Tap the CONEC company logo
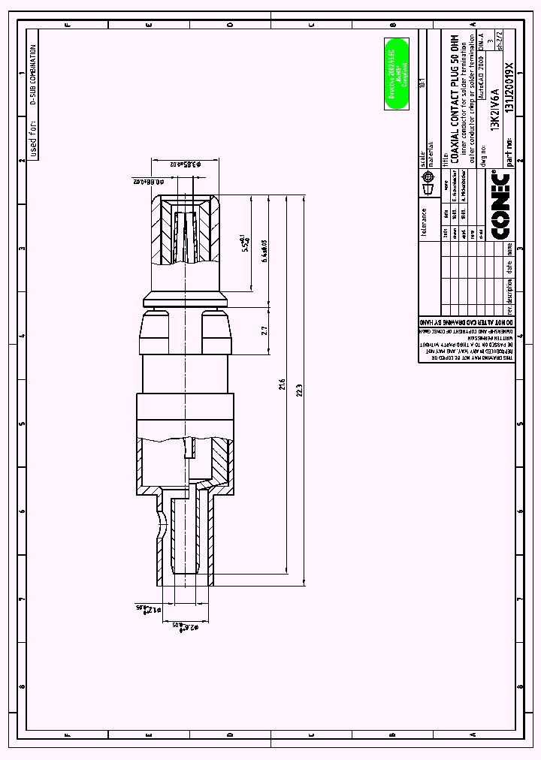coord(500,205)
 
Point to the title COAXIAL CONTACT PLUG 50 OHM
coord(454,98)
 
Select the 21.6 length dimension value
coord(282,385)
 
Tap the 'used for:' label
coord(32,140)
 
